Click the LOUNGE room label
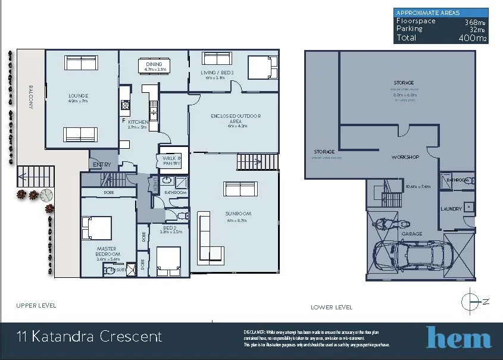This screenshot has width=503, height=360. pyautogui.click(x=78, y=96)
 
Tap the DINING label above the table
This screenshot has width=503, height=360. pyautogui.click(x=154, y=64)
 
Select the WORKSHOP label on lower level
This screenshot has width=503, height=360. pyautogui.click(x=406, y=157)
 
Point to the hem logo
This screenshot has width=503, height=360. pyautogui.click(x=458, y=337)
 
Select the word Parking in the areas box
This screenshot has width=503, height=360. pyautogui.click(x=410, y=29)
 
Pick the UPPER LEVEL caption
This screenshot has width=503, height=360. pyautogui.click(x=36, y=305)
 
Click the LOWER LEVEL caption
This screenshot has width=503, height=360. pyautogui.click(x=332, y=308)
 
